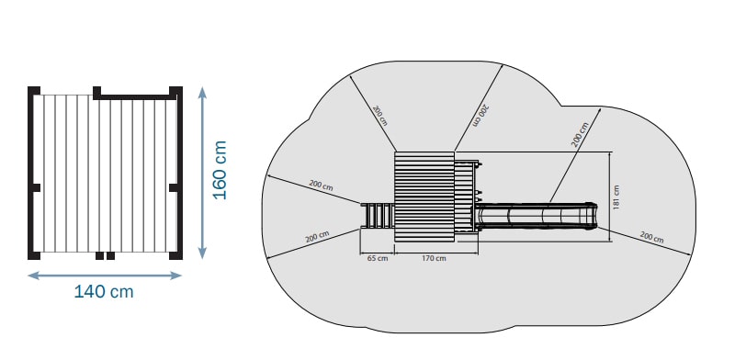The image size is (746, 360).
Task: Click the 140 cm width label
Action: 104,291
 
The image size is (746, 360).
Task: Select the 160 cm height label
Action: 220,170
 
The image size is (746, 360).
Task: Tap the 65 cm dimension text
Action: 378,258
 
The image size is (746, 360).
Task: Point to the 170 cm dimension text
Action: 434,258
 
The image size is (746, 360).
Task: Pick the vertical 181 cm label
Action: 616,197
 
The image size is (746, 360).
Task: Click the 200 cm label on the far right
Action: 651,237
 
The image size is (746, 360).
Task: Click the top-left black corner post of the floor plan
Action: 34,91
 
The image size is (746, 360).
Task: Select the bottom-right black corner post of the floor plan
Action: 176,255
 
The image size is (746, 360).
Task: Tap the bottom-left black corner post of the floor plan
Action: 34,255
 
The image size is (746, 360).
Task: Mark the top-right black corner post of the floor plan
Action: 176,91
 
